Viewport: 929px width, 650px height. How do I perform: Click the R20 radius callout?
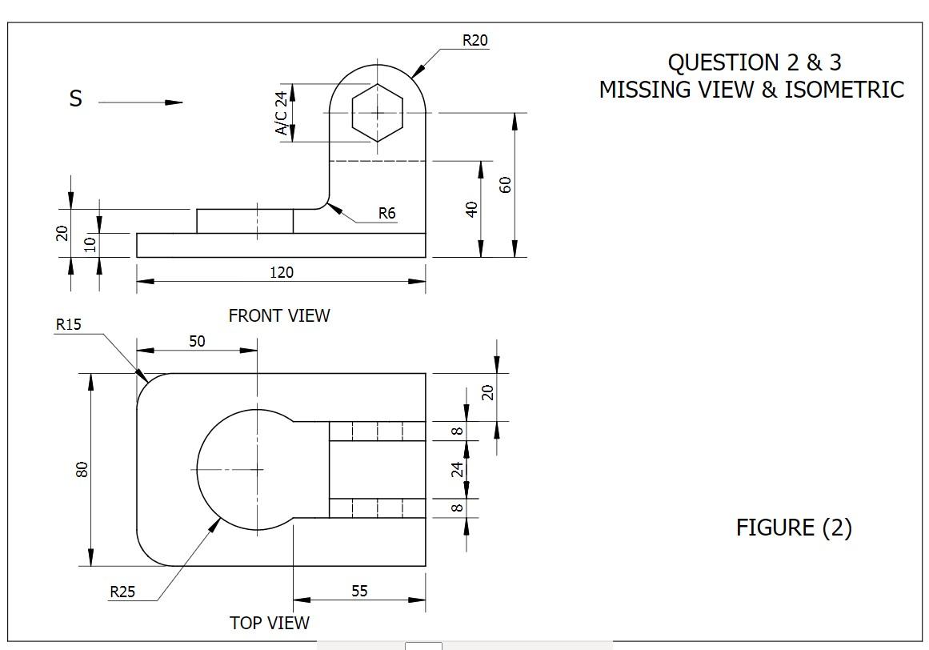tap(475, 40)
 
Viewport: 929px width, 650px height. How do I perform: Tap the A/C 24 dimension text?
tap(282, 112)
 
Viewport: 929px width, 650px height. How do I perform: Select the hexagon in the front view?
tap(377, 113)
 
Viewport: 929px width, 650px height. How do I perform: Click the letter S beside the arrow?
tap(76, 99)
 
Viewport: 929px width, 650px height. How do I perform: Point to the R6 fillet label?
tap(387, 213)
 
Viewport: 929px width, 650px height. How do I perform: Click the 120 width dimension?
tap(281, 272)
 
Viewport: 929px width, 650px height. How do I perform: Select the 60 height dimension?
tap(505, 185)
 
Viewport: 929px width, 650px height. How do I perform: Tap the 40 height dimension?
tap(472, 209)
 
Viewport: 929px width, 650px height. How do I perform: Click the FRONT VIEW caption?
tap(278, 315)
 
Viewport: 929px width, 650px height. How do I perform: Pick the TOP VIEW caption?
tap(269, 623)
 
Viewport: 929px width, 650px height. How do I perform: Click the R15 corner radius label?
tap(68, 324)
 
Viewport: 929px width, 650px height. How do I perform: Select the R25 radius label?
tap(122, 592)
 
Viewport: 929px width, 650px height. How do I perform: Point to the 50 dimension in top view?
tap(197, 341)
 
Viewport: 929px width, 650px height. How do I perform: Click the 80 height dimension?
tap(82, 469)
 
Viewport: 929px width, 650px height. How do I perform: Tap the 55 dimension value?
tap(359, 591)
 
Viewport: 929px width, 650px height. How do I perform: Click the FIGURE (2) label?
tap(794, 528)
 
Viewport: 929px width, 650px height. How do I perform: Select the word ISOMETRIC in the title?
tap(844, 90)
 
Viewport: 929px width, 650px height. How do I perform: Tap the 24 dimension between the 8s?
tap(458, 468)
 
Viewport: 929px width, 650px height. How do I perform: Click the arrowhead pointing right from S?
tap(174, 102)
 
